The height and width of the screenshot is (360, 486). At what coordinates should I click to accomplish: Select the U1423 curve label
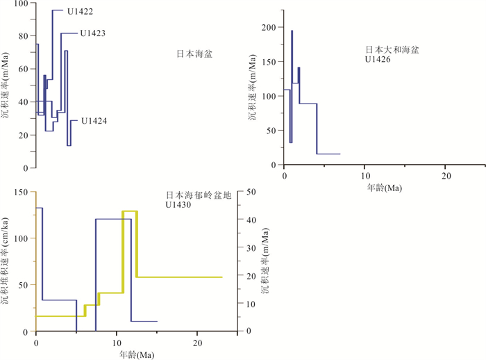click(92, 33)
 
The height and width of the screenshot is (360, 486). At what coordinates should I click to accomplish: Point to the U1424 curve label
click(93, 121)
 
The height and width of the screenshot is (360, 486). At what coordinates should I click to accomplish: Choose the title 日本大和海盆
click(393, 50)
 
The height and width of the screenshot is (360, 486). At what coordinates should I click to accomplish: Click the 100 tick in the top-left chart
click(22, 3)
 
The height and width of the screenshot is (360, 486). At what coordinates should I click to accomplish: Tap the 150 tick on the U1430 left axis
click(21, 193)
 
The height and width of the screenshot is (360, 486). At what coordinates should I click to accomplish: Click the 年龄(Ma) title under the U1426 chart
click(384, 188)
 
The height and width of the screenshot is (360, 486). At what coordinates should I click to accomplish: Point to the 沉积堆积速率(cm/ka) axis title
click(6, 261)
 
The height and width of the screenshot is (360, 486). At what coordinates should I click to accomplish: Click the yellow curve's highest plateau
click(130, 211)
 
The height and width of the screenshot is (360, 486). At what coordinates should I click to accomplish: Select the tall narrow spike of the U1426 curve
click(292, 83)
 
